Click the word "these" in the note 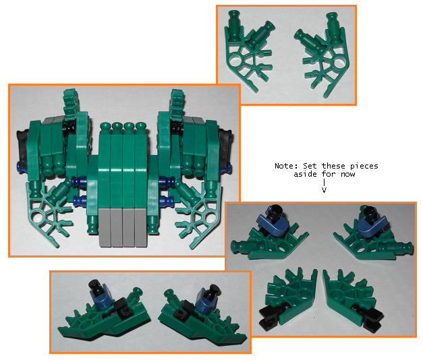tap(333, 166)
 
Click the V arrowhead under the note tap(324, 190)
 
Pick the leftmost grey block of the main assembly tap(105, 227)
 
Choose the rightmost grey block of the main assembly tap(141, 227)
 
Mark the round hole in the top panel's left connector tap(237, 59)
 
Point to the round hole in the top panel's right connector tap(338, 63)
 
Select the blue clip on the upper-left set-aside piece tap(272, 222)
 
